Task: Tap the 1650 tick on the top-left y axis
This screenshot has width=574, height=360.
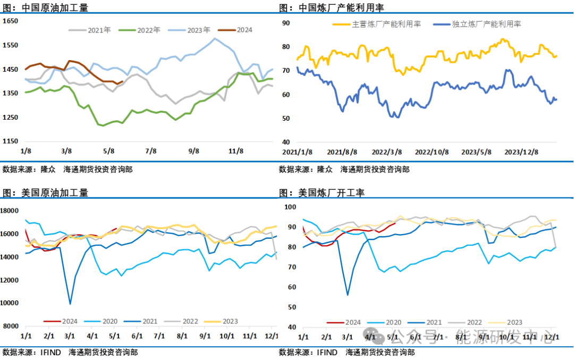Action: tap(11, 21)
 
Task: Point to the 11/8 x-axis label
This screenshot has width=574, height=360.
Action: tap(235, 151)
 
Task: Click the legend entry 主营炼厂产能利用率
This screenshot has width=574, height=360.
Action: tap(377, 24)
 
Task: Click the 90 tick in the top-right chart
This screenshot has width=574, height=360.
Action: tap(285, 23)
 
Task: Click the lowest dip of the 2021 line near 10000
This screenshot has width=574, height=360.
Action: tap(70, 304)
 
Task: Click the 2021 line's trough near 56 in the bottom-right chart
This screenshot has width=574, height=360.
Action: tap(348, 295)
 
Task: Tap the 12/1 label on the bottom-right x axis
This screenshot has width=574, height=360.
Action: tap(551, 337)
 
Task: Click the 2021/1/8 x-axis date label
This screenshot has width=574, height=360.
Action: tap(297, 152)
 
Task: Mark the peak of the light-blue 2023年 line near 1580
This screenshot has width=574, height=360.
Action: tap(215, 38)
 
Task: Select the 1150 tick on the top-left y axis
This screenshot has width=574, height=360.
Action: tap(11, 141)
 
